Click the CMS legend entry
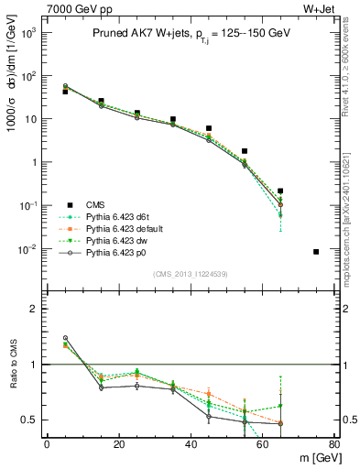point(99,204)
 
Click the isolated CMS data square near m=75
point(316,251)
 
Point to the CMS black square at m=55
point(245,151)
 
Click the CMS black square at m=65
point(280,191)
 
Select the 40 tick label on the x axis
point(191,444)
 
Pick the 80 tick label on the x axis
point(334,444)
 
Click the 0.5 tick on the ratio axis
point(29,420)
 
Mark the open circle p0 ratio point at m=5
point(65,338)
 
